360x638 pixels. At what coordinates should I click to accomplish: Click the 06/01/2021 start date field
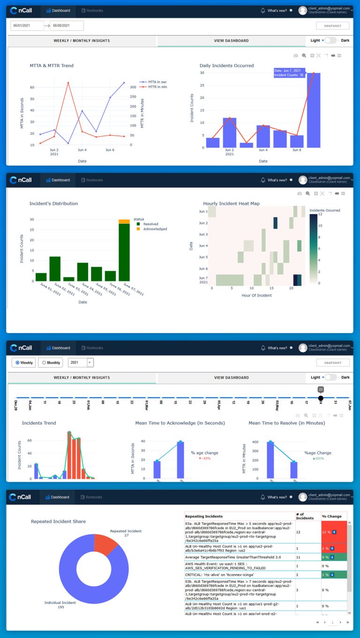27,26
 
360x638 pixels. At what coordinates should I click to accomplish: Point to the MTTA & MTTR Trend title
52,66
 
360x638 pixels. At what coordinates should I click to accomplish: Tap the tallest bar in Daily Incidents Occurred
314,110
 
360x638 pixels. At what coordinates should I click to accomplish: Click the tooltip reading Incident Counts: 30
288,75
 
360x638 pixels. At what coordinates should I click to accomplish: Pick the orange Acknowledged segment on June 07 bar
124,221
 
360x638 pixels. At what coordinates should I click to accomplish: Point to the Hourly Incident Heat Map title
231,204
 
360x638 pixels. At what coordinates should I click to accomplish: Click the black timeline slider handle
321,398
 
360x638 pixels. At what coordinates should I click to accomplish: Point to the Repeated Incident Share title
58,521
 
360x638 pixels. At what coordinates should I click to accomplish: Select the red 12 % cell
333,532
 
